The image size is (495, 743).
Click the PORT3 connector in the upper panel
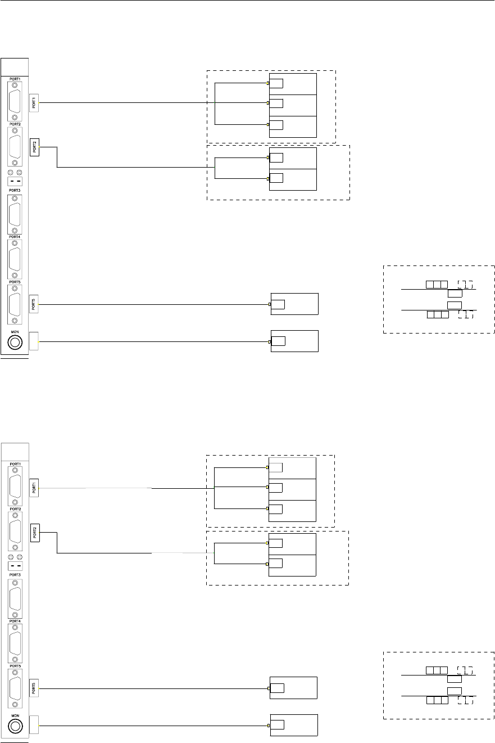15,215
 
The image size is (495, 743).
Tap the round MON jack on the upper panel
15,341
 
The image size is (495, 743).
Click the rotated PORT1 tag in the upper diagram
34,102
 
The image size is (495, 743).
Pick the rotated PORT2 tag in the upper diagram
34,147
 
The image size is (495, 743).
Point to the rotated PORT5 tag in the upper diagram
34,305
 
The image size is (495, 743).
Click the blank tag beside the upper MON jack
34,341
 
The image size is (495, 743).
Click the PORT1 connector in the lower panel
15,487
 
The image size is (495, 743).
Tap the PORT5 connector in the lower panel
15,688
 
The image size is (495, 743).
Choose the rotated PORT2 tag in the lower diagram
34,532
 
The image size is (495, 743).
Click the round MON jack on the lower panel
15,726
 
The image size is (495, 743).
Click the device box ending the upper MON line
294,341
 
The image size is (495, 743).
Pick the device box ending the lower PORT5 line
293,688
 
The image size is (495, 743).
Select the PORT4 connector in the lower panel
15,645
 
